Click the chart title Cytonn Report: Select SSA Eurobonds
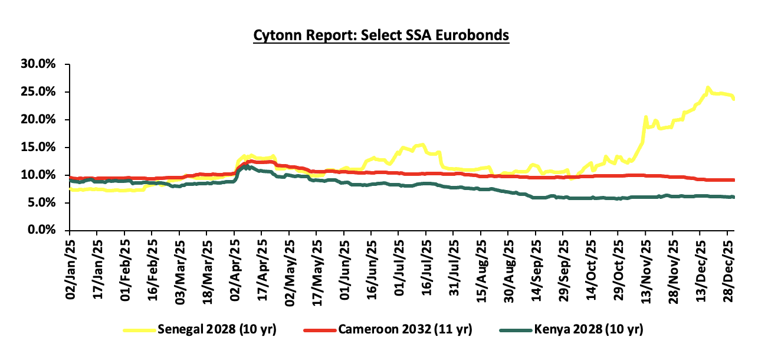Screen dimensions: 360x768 coord(381,35)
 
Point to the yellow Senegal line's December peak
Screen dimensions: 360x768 coord(708,88)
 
